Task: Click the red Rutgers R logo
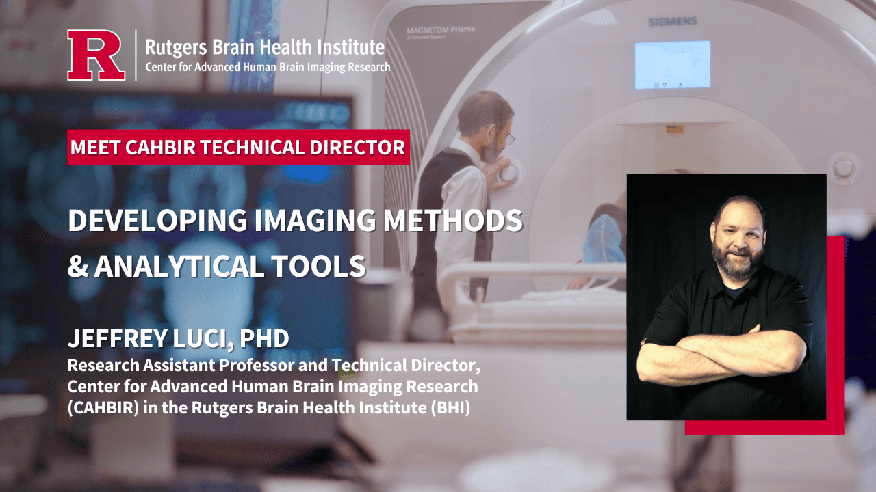tap(96, 55)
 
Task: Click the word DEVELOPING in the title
tap(157, 220)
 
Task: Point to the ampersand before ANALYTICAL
tap(78, 266)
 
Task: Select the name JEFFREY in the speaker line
tap(117, 338)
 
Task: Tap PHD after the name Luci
tap(264, 338)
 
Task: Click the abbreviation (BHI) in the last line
tap(450, 408)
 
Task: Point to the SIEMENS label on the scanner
tap(673, 21)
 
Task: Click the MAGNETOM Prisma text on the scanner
tap(441, 30)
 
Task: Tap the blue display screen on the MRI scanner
tap(673, 65)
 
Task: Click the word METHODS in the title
tap(453, 220)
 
